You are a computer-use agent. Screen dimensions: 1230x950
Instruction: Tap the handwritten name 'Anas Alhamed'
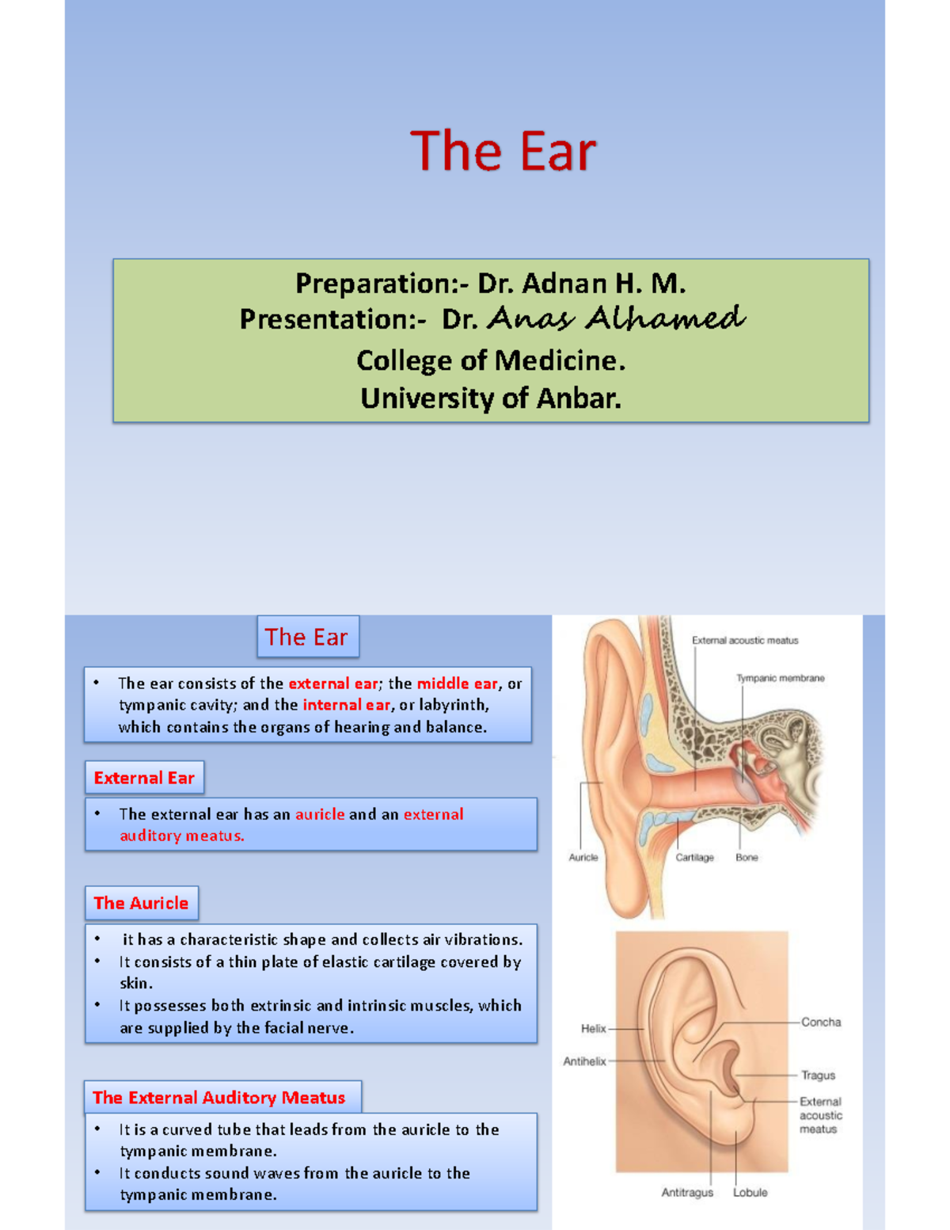click(616, 318)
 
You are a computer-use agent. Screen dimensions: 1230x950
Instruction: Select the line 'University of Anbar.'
click(491, 398)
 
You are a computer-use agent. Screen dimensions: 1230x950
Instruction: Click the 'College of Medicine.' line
click(491, 360)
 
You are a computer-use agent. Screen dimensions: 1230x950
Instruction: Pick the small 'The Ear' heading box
click(307, 637)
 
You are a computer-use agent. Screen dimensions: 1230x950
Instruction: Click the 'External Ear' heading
click(144, 778)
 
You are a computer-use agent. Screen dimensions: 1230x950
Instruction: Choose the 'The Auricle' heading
click(141, 903)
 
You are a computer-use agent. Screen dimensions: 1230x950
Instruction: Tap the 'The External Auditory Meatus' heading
click(219, 1098)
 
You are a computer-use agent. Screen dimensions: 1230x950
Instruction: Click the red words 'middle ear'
click(458, 684)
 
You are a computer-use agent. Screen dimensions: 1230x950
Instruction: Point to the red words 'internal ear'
click(346, 705)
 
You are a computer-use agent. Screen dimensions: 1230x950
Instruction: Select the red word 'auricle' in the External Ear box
click(320, 814)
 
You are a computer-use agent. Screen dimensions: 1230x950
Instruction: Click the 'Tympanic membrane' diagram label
click(780, 678)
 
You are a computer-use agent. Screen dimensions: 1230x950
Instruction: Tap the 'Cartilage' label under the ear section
click(694, 857)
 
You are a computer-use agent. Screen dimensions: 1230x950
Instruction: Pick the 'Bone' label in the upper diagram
click(747, 857)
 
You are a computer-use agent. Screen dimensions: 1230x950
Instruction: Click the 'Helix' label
click(593, 1028)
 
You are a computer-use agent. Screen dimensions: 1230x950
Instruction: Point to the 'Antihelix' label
click(584, 1061)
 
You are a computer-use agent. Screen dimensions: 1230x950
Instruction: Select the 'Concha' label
click(821, 1022)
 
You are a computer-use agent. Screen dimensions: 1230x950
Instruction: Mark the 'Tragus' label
click(818, 1076)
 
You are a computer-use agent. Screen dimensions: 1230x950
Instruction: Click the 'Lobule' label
click(750, 1193)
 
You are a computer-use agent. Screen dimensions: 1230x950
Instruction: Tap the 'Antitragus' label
click(687, 1193)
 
